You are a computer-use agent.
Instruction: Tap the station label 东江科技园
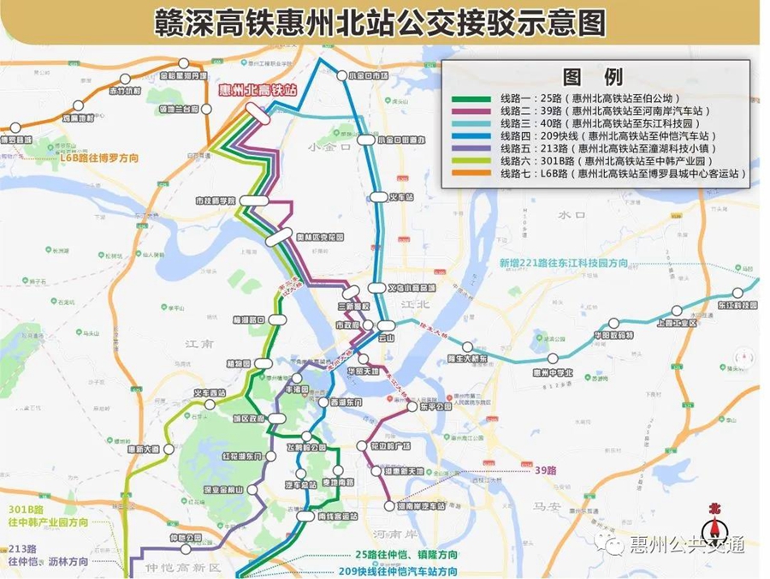(737, 305)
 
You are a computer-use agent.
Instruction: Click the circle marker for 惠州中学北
(554, 358)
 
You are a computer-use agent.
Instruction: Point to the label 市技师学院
(215, 200)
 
